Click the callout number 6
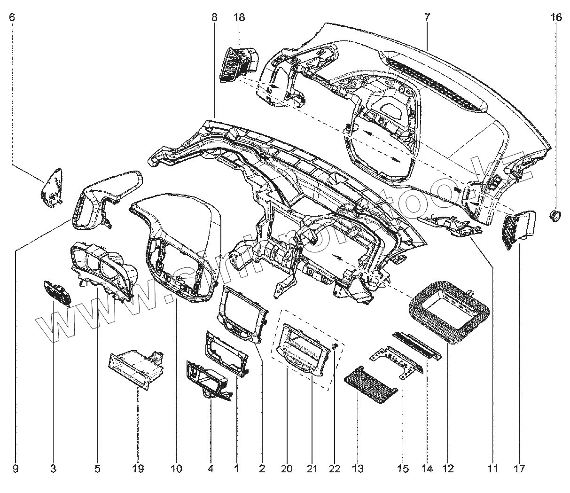tap(12, 18)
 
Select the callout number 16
tap(556, 18)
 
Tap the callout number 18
tap(239, 18)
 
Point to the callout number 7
tap(427, 18)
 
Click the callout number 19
tap(137, 469)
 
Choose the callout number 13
tap(358, 469)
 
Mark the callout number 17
tap(519, 469)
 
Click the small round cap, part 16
tap(555, 216)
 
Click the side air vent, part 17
tap(519, 230)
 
